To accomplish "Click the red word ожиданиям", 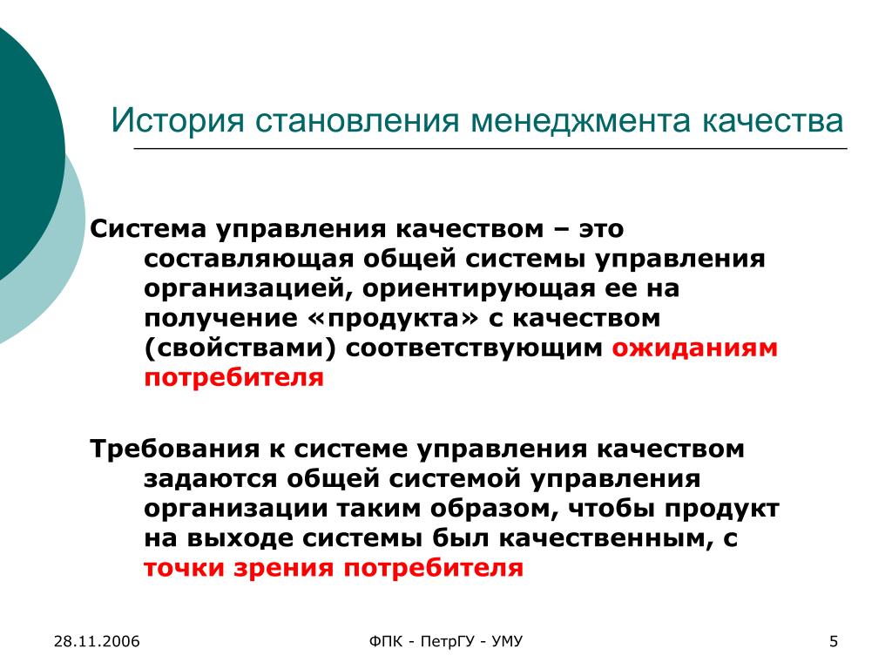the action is click(694, 348).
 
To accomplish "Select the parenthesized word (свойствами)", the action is click(240, 348).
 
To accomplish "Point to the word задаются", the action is click(211, 478).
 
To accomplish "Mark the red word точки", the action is click(184, 568).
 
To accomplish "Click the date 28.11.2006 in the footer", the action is click(97, 642).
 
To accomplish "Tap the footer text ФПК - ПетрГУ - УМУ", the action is click(445, 642).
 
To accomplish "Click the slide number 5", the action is click(834, 642).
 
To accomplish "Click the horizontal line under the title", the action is click(490, 148).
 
